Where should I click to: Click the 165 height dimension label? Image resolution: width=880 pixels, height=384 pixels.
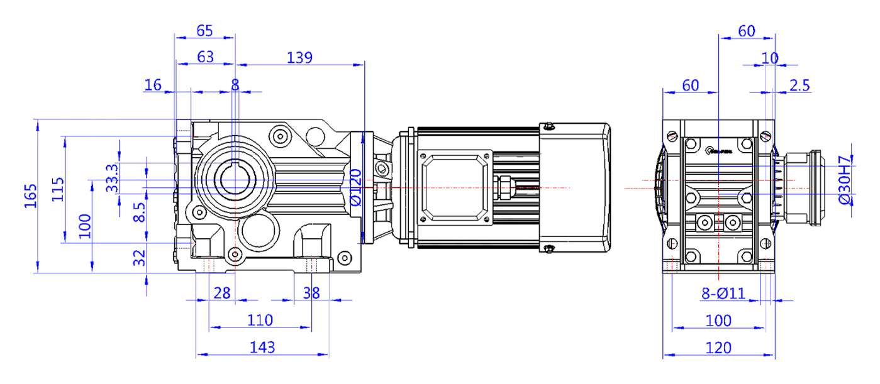30,195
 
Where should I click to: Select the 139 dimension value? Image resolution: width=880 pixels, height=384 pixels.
299,57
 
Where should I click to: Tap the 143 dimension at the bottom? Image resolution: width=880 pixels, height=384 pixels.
262,347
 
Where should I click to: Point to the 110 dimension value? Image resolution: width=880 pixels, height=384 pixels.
260,320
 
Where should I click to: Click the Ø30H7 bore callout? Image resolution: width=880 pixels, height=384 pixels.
845,178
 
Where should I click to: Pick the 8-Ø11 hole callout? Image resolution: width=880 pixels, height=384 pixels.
723,293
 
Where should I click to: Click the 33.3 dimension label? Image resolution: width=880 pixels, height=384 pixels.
112,178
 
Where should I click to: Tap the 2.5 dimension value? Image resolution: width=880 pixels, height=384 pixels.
798,85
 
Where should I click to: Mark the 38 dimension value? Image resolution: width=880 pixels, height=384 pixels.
311,293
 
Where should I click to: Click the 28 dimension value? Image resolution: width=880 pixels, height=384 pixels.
221,293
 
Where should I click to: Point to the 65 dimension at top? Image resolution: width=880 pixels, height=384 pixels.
204,30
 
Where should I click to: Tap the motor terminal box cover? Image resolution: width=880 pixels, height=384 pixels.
455,187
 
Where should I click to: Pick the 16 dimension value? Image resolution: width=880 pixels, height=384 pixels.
153,85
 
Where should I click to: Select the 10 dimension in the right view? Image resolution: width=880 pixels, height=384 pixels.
769,58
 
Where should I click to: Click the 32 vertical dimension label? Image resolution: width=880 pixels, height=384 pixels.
140,256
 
